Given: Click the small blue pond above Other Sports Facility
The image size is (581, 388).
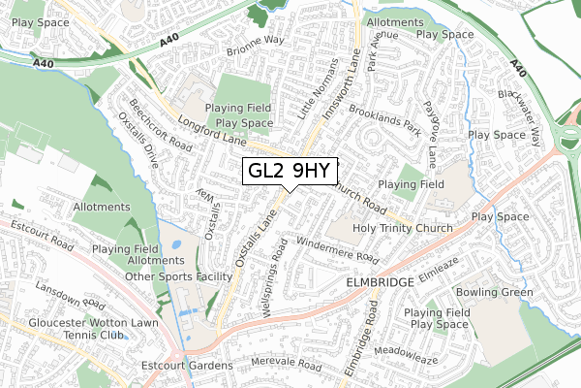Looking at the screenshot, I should coord(174,245).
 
